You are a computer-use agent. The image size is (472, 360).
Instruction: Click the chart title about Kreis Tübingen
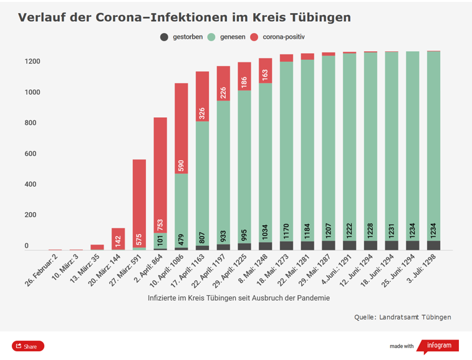184,17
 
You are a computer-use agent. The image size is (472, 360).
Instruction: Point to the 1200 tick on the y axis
32,62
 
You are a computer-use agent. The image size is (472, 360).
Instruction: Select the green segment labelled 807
203,181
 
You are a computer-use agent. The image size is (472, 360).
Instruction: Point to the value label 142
118,241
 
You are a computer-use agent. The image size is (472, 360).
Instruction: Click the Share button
27,346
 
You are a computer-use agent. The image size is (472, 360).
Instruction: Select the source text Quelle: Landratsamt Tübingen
402,317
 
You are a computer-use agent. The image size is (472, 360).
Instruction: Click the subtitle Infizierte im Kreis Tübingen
239,298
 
